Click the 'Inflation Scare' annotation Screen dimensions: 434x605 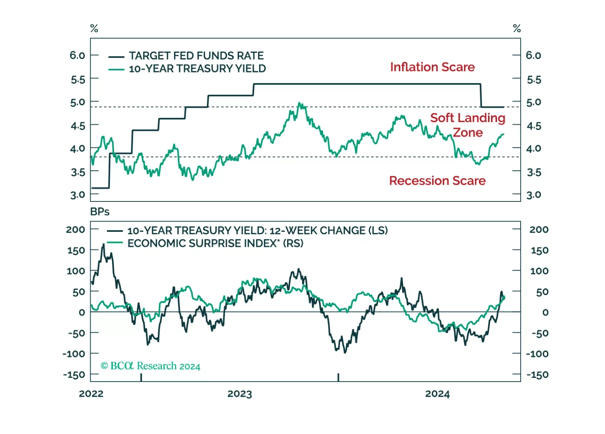(x=432, y=67)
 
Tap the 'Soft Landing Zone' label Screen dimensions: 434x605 (x=468, y=125)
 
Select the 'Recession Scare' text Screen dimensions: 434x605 (x=437, y=181)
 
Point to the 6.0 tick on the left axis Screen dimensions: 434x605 (x=77, y=55)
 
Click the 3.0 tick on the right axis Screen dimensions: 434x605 (x=533, y=195)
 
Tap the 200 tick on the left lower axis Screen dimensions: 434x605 (x=75, y=230)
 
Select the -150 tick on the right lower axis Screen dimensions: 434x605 (x=537, y=375)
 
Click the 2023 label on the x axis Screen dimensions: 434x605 (x=240, y=394)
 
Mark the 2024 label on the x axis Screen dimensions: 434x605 (x=437, y=394)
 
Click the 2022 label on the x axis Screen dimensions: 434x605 (x=91, y=394)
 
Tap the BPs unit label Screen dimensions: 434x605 (x=100, y=212)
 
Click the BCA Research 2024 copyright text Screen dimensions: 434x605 (x=150, y=366)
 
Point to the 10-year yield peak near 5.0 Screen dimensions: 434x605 (x=300, y=103)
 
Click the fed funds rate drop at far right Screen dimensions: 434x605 (x=481, y=96)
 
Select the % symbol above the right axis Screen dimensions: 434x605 (x=517, y=28)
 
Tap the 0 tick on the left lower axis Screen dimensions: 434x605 (x=82, y=313)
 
